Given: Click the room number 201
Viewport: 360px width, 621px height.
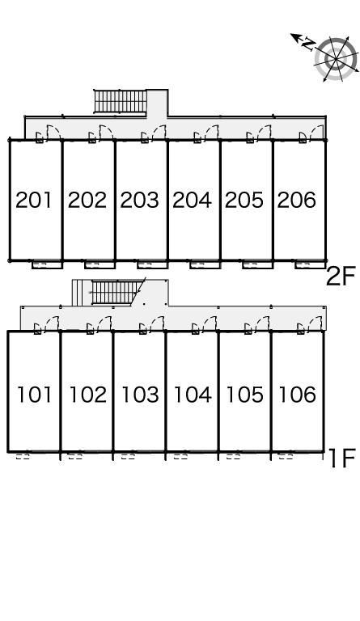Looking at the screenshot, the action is pyautogui.click(x=34, y=200).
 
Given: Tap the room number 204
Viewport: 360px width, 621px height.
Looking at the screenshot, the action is pyautogui.click(x=192, y=200).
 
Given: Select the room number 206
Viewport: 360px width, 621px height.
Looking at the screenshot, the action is pyautogui.click(x=296, y=200).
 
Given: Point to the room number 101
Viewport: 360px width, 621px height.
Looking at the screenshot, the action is pyautogui.click(x=35, y=395).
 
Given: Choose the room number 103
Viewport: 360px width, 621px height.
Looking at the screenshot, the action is pyautogui.click(x=140, y=395).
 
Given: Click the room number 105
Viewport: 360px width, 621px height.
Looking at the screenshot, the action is pyautogui.click(x=244, y=395).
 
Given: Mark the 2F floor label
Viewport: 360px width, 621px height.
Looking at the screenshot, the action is pyautogui.click(x=341, y=276).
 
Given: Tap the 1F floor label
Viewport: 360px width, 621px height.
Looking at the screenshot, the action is pyautogui.click(x=342, y=458).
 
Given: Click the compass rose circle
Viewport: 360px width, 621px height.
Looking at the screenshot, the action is pyautogui.click(x=336, y=59).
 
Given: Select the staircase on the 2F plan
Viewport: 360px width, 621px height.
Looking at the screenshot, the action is pyautogui.click(x=121, y=101).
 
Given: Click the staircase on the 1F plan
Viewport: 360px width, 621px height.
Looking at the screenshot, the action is pyautogui.click(x=115, y=292).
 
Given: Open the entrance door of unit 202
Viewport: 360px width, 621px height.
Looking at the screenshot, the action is pyautogui.click(x=106, y=132).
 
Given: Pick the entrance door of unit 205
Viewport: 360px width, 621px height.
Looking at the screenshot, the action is pyautogui.click(x=264, y=132).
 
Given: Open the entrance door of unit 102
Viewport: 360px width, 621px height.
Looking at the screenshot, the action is pyautogui.click(x=104, y=323).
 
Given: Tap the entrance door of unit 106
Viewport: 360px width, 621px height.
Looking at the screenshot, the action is pyautogui.click(x=315, y=323).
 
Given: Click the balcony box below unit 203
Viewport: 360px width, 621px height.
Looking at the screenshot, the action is pyautogui.click(x=152, y=264).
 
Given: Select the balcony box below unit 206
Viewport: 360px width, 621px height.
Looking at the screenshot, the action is pyautogui.click(x=310, y=264).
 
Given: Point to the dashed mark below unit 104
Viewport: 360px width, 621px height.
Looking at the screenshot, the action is pyautogui.click(x=180, y=457).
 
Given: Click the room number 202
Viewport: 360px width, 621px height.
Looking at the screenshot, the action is pyautogui.click(x=87, y=200).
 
